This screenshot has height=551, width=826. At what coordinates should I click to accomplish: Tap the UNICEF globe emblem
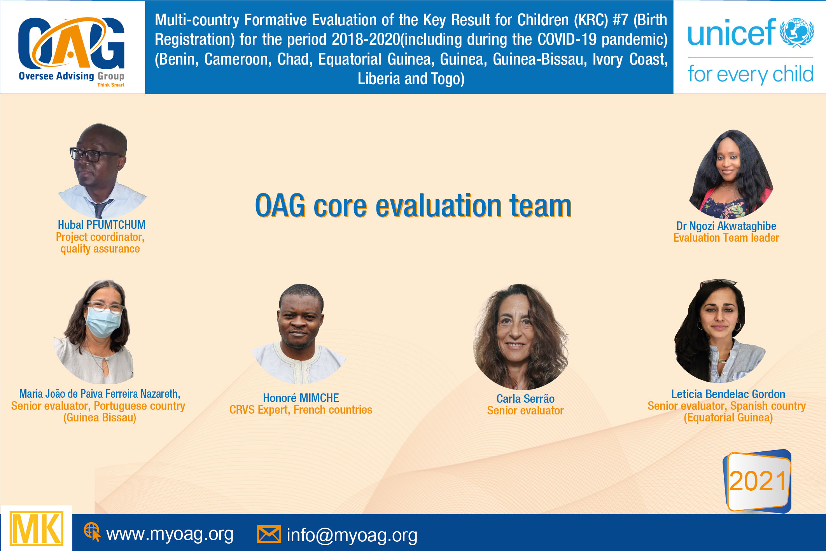797,33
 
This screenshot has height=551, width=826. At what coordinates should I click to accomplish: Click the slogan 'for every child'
750,74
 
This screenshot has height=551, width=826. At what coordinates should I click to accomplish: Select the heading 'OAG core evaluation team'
413,206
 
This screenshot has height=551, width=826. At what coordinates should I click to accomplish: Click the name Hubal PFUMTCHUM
101,225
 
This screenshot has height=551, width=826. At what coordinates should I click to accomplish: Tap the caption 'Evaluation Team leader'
726,238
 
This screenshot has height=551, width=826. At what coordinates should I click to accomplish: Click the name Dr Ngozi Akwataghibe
726,226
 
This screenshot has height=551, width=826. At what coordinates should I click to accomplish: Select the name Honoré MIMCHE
301,398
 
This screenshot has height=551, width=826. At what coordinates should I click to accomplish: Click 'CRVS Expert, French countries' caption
301,410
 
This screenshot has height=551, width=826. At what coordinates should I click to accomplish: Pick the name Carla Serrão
525,398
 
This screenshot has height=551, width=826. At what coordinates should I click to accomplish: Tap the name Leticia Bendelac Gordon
728,394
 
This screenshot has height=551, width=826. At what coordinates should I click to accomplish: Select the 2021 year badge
757,481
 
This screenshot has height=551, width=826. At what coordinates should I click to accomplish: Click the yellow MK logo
37,529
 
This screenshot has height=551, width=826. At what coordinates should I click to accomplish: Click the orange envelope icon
269,534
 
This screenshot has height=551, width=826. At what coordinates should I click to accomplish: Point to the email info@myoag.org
352,535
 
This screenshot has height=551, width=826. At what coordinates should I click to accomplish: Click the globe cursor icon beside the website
92,532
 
